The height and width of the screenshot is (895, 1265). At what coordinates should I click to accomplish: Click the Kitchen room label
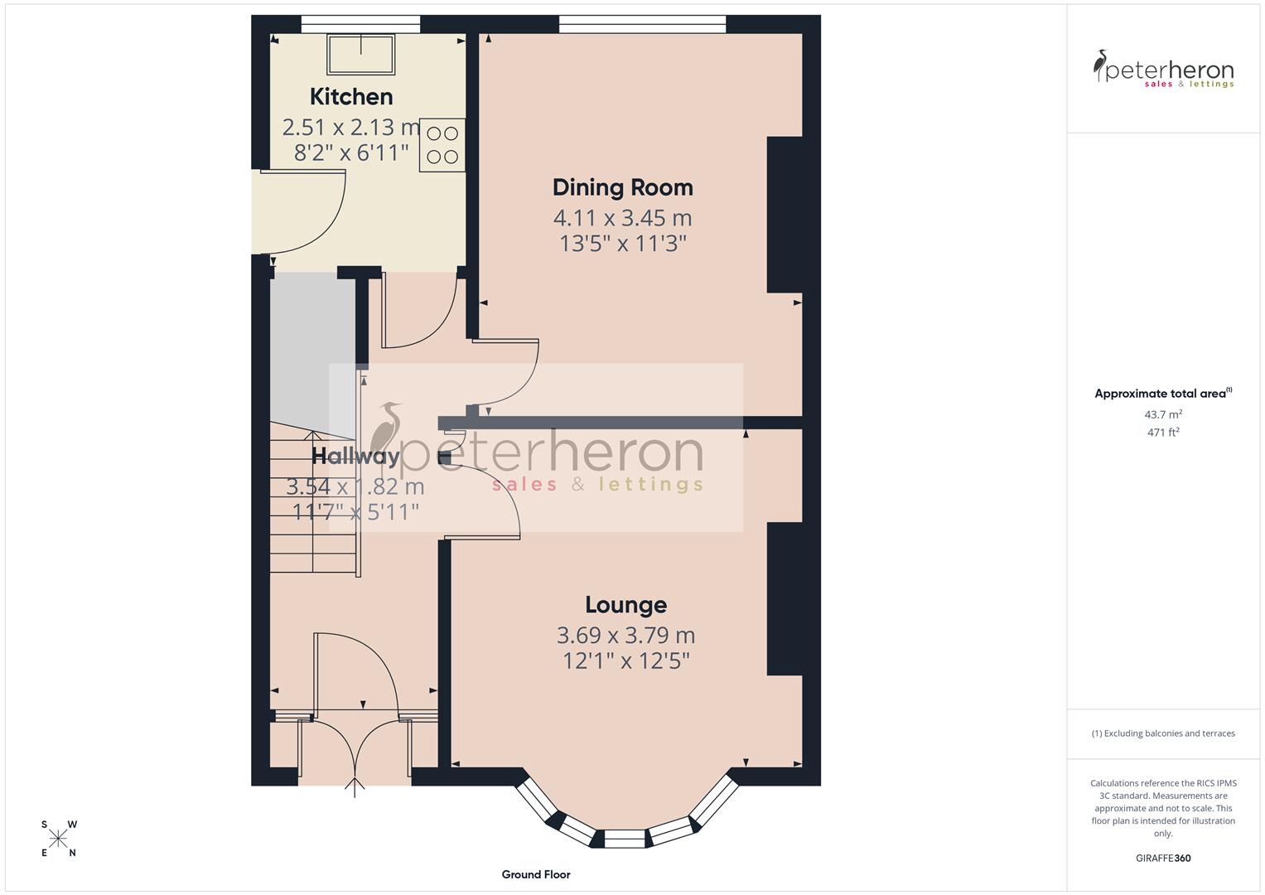click(351, 97)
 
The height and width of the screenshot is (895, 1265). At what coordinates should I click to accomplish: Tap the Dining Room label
click(622, 187)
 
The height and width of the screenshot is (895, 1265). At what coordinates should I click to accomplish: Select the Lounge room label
click(625, 605)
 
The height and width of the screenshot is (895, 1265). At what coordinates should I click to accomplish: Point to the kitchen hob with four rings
click(442, 145)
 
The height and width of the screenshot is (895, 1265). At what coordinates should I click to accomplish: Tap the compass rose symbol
click(58, 839)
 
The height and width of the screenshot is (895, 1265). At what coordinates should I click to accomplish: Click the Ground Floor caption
click(536, 874)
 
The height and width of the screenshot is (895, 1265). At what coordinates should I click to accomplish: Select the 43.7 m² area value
click(1163, 414)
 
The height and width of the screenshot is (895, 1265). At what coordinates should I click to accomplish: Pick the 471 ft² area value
click(1163, 432)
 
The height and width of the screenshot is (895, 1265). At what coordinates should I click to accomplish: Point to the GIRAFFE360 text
click(1163, 858)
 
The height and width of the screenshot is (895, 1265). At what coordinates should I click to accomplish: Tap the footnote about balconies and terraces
click(1163, 733)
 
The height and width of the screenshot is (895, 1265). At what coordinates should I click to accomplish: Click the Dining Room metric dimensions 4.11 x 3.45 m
click(622, 218)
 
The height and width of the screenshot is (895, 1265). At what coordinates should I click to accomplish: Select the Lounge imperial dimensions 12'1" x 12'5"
click(625, 661)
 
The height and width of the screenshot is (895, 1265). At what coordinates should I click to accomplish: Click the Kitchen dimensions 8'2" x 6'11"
click(351, 152)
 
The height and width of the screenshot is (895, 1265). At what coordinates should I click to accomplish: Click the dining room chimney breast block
click(785, 215)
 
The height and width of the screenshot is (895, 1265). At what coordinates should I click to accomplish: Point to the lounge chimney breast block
click(785, 598)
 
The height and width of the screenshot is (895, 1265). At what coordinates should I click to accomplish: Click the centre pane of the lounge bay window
click(625, 839)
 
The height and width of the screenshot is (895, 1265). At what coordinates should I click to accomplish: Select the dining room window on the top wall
click(643, 25)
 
